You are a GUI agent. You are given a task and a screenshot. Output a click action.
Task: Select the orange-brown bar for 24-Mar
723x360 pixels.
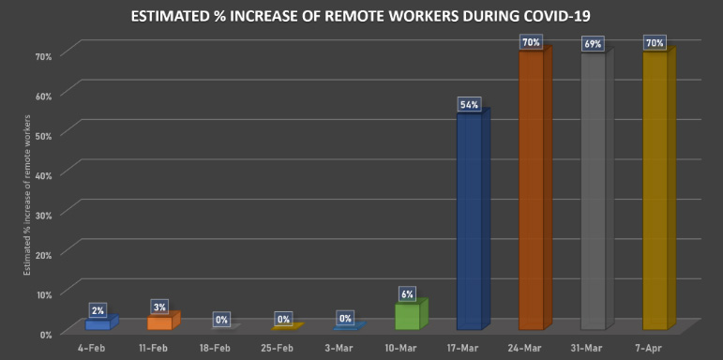pyautogui.click(x=531, y=187)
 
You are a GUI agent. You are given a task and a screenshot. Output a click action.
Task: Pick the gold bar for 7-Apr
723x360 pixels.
pyautogui.click(x=655, y=187)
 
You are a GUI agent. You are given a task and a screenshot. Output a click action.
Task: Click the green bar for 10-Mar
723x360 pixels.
pyautogui.click(x=407, y=316)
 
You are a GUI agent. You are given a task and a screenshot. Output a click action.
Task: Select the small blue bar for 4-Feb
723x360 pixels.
pyautogui.click(x=98, y=323)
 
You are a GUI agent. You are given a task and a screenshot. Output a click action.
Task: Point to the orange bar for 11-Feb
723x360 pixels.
pyautogui.click(x=159, y=322)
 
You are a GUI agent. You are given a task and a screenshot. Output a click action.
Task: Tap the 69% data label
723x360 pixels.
pyautogui.click(x=593, y=44)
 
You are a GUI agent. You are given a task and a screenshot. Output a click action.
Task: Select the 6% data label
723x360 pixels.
pyautogui.click(x=407, y=293)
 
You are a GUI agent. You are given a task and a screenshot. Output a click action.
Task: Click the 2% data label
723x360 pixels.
pyautogui.click(x=98, y=309)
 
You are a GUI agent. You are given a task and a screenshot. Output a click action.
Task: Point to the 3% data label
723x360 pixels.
pyautogui.click(x=159, y=307)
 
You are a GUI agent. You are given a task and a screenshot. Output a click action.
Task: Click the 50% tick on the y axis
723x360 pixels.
pyautogui.click(x=43, y=133)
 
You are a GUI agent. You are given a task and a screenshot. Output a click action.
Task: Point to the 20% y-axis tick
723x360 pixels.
pyautogui.click(x=43, y=253)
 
